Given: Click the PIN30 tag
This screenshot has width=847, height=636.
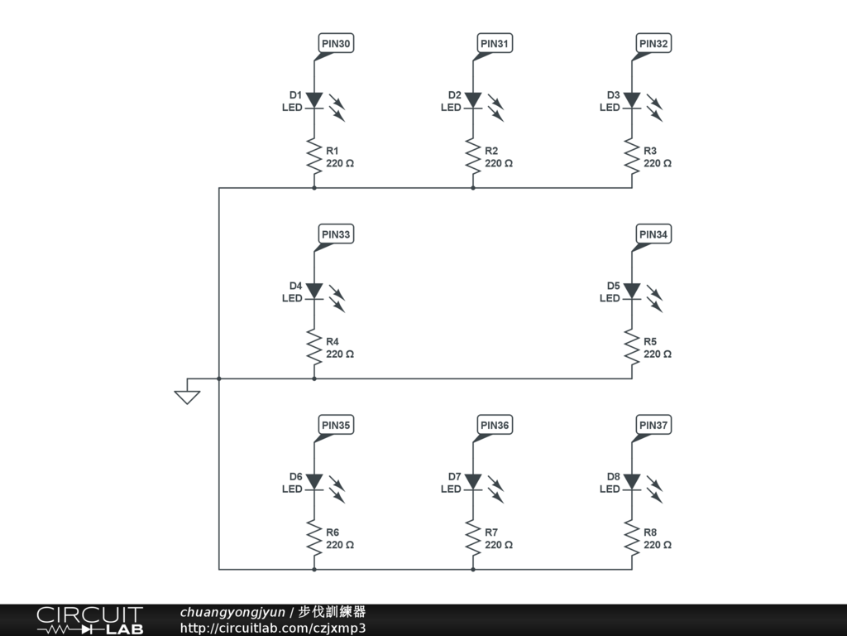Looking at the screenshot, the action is tap(336, 44).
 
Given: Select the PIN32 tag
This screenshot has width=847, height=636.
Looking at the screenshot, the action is tap(653, 44).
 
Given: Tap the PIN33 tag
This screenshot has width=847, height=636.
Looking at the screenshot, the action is tap(336, 235).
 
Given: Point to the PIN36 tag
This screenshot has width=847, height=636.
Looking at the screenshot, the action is tap(495, 426).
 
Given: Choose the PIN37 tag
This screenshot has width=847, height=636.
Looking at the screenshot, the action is tap(653, 426).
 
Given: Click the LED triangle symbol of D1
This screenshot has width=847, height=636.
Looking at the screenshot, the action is tap(314, 100).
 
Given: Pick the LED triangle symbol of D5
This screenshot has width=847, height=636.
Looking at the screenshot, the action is tap(632, 291).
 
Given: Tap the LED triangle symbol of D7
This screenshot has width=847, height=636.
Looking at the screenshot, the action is tap(473, 481).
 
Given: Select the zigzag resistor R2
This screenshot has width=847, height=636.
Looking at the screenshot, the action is tap(473, 157).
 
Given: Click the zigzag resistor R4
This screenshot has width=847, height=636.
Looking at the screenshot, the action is tap(314, 347).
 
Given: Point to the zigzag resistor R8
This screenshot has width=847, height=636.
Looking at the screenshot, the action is tap(632, 538).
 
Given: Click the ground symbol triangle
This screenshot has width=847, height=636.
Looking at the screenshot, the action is tap(188, 396).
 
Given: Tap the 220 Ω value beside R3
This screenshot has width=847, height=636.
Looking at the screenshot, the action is tap(658, 164).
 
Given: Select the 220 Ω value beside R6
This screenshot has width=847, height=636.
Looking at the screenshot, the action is tap(340, 545).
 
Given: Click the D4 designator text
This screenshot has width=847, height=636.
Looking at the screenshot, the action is tap(295, 286).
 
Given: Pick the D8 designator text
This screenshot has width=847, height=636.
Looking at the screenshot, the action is tap(613, 476).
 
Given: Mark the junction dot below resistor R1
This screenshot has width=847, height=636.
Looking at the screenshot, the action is tap(314, 188).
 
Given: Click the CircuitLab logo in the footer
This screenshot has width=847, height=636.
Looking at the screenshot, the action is tap(89, 620).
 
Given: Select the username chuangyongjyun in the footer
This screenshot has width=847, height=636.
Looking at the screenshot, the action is tap(232, 613).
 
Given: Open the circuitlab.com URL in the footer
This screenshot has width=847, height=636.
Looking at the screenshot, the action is tap(273, 628).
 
